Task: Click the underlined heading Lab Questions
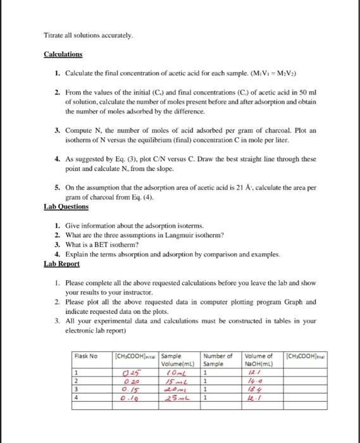click(66, 206)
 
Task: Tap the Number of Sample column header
click(219, 359)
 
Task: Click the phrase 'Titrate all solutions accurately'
click(89, 35)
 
